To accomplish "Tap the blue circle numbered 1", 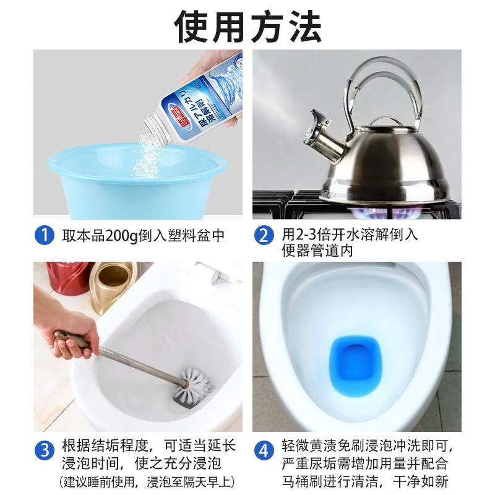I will [x=43, y=236].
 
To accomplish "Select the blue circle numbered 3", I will [x=43, y=449].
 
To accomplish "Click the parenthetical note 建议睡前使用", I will [x=99, y=481].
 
